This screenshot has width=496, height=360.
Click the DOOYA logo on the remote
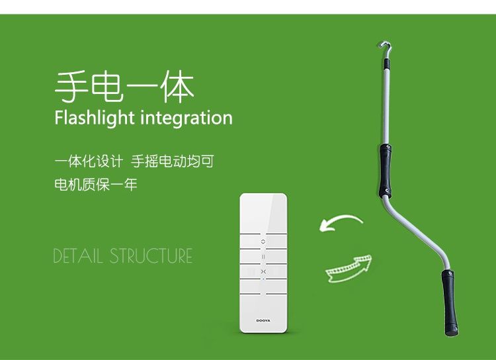(263, 320)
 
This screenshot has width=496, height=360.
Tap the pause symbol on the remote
(263, 257)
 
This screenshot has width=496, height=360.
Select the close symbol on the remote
(263, 272)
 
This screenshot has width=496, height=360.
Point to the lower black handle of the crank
(450, 302)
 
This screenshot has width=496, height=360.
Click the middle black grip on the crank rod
(386, 171)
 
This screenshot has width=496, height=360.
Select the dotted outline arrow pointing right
(349, 269)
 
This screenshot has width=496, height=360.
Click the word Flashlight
(95, 118)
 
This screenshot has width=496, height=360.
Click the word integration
(186, 118)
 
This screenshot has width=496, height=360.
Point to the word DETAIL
(78, 256)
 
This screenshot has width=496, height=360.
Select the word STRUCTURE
(151, 256)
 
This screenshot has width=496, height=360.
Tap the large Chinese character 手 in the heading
(71, 87)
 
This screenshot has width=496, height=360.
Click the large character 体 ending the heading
(177, 87)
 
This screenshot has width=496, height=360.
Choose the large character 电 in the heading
(106, 87)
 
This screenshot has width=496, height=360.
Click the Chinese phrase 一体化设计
(89, 161)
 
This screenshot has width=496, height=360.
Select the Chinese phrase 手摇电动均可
(173, 161)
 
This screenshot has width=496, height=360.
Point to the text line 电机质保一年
(95, 185)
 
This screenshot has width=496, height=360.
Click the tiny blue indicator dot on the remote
(263, 279)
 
